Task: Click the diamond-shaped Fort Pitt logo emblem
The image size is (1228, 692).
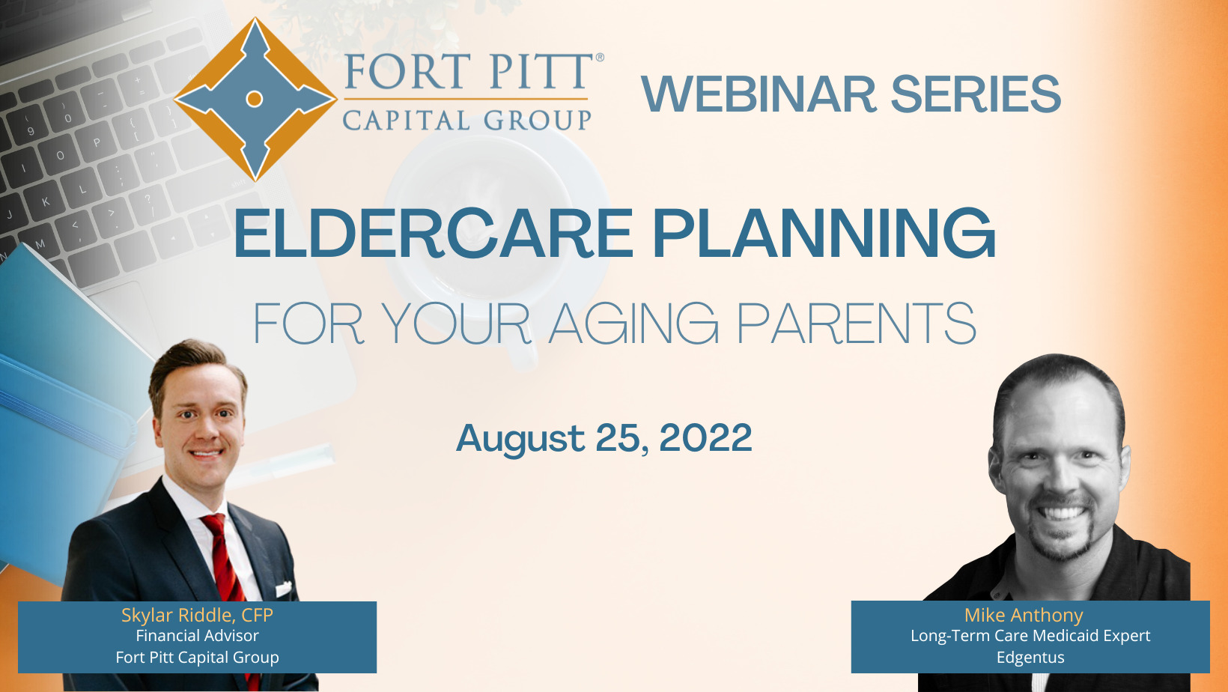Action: (x=255, y=100)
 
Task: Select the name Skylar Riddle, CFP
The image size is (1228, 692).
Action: (x=198, y=615)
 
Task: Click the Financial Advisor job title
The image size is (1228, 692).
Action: (x=198, y=636)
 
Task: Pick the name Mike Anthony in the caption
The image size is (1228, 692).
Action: (x=1024, y=615)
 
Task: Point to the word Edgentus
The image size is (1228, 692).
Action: (x=1030, y=658)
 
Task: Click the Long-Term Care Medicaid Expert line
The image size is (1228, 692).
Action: (x=1030, y=636)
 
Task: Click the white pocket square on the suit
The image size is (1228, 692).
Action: (x=283, y=589)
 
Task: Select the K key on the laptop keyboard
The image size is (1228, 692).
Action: (x=46, y=201)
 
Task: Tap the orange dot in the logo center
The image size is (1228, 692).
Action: (x=255, y=99)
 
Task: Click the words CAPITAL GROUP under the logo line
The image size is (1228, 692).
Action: (x=467, y=120)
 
